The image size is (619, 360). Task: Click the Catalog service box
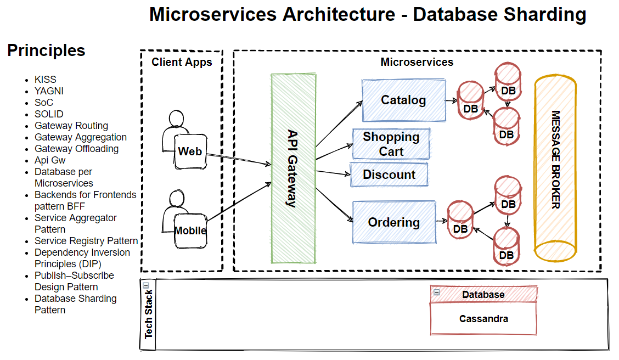[403, 100]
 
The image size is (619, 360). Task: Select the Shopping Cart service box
[391, 144]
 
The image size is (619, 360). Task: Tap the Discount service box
[389, 175]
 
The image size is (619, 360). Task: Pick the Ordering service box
[394, 222]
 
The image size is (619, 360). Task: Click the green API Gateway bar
[294, 168]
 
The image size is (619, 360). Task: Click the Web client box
[190, 151]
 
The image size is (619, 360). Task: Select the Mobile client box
[190, 230]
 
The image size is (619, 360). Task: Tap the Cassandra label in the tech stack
[483, 318]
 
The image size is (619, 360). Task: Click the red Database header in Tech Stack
[483, 295]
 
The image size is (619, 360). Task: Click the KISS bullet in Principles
[46, 80]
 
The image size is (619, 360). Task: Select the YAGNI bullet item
[49, 91]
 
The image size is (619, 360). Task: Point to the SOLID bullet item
[49, 114]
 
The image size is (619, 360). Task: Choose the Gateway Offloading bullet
[76, 149]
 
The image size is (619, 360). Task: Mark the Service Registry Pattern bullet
[86, 241]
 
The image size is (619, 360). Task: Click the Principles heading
[46, 50]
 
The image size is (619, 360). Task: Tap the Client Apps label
[182, 62]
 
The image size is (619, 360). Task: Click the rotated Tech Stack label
[149, 314]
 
